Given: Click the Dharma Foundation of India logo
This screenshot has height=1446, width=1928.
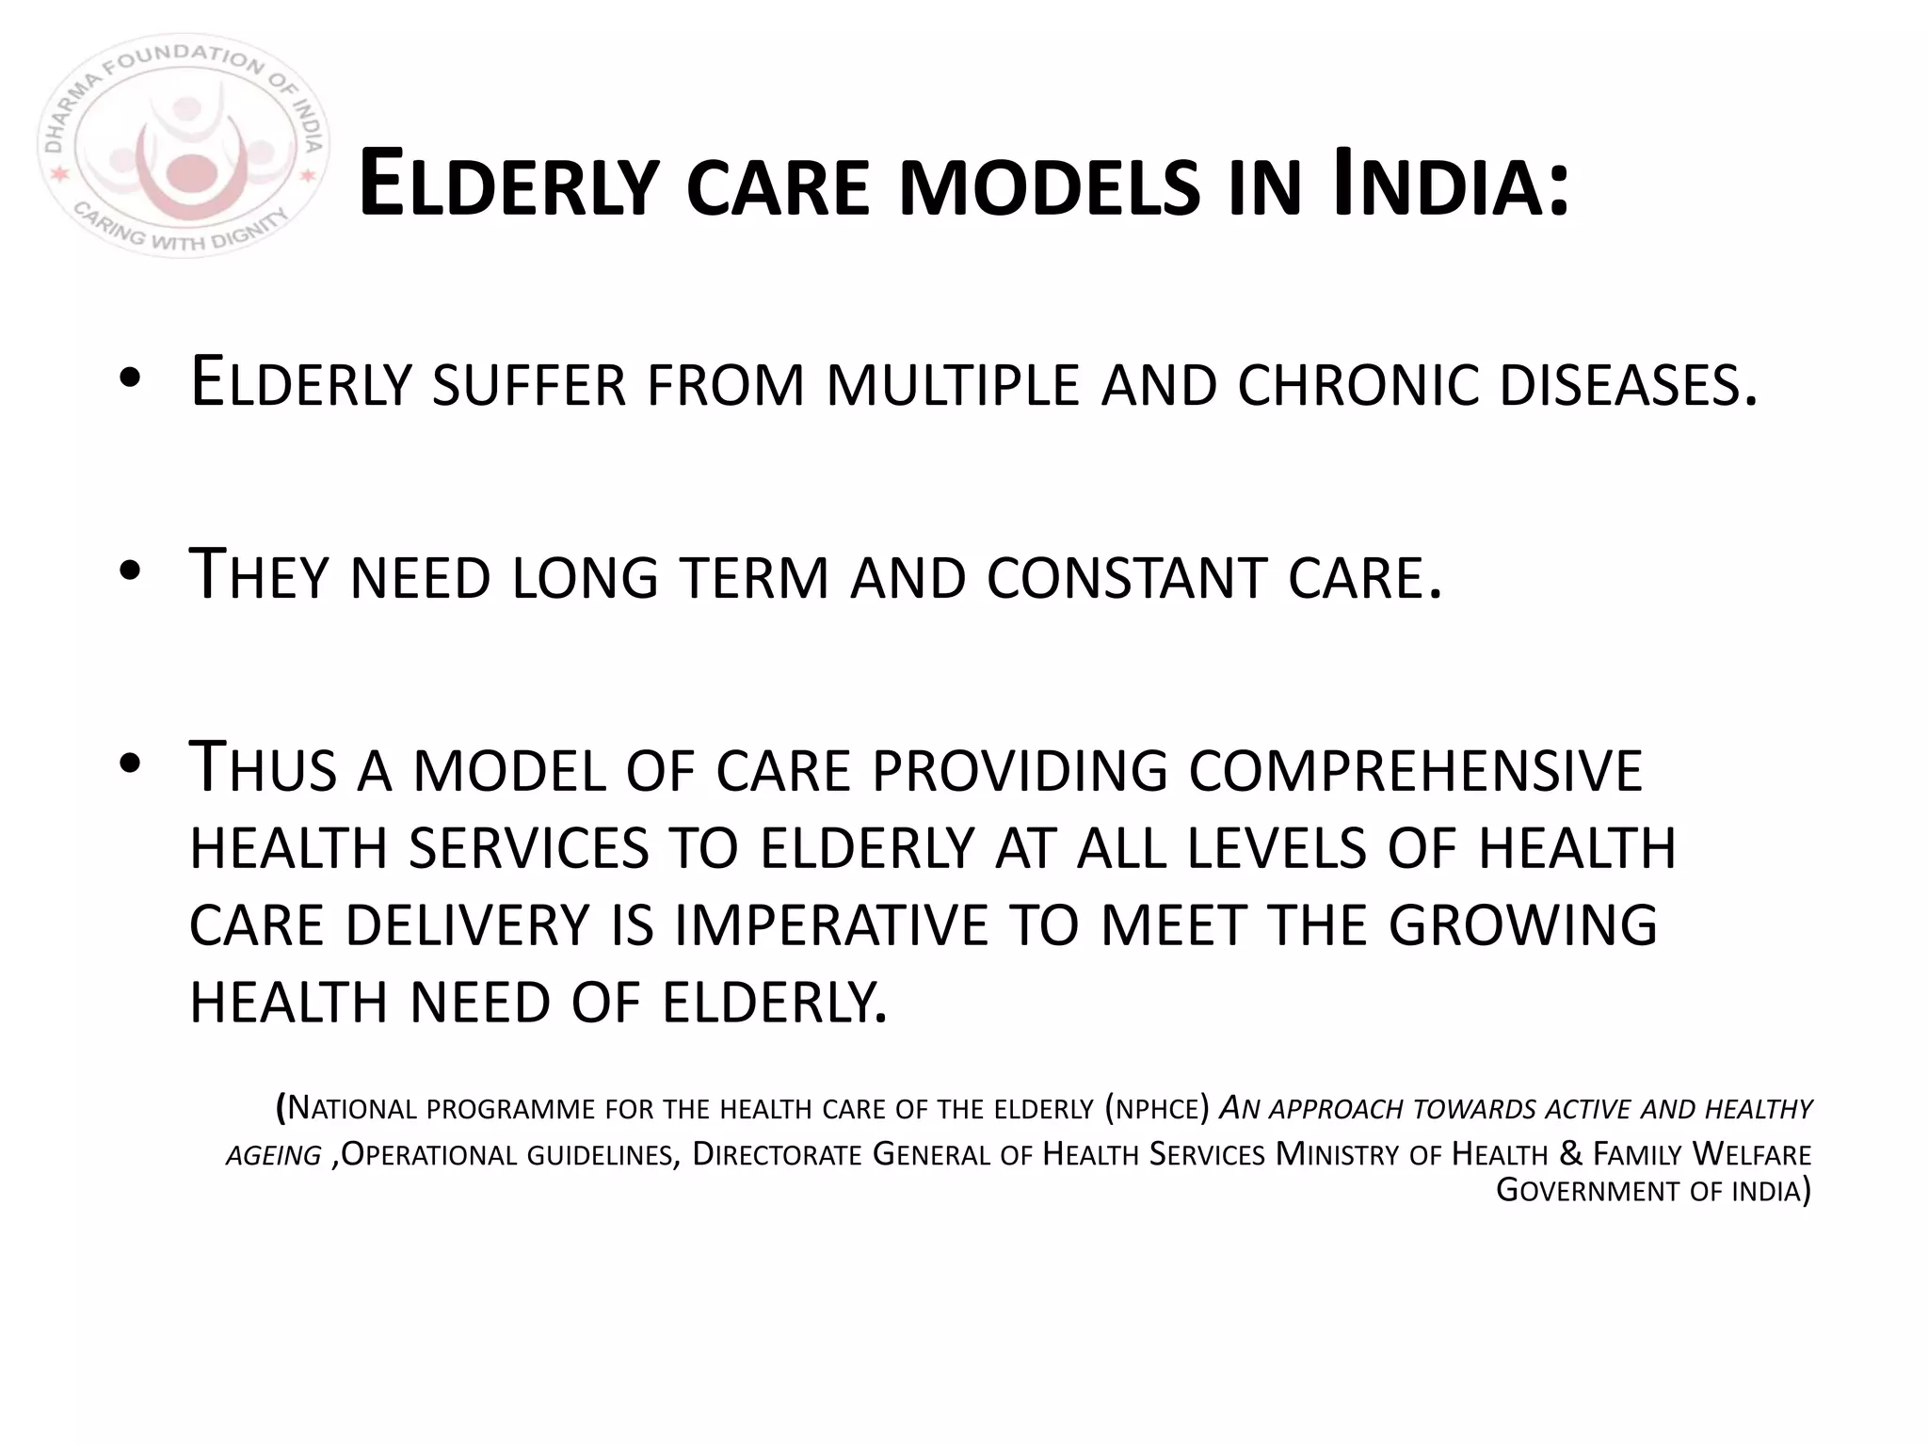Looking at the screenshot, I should (x=183, y=147).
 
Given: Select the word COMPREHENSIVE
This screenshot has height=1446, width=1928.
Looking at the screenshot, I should (x=1415, y=769).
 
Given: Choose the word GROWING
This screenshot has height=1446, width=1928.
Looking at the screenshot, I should (x=1522, y=924).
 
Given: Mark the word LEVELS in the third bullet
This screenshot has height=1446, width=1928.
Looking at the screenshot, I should (x=1277, y=847).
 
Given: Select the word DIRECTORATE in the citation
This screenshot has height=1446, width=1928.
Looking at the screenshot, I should (x=777, y=1154).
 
